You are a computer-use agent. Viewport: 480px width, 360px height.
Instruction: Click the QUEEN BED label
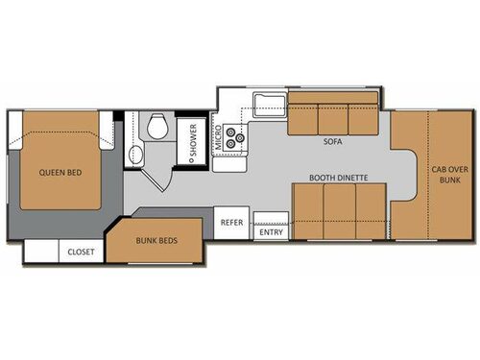pos(60,174)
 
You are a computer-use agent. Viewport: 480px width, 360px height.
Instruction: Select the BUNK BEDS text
pos(155,240)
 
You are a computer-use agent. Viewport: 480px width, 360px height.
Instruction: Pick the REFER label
pos(231,222)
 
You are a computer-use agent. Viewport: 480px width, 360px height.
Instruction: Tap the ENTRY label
pos(272,231)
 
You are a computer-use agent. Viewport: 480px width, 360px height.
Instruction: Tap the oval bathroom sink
pos(135,156)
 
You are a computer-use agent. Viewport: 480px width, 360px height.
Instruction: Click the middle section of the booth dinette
pos(339,211)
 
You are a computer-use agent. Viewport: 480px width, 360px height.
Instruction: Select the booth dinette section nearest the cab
pos(371,211)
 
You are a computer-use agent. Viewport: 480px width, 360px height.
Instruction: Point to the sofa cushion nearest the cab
pos(362,119)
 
